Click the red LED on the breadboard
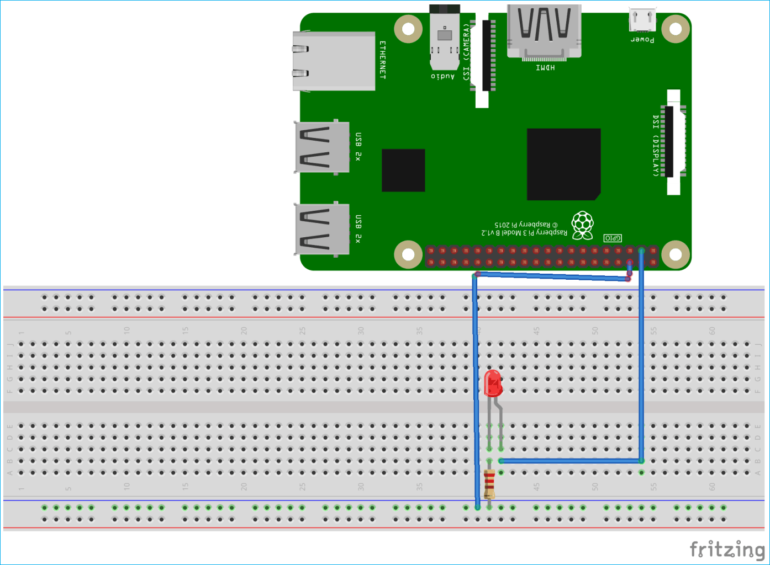(492, 383)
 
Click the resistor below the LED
(489, 484)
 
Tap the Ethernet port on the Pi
(334, 61)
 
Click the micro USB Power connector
(642, 20)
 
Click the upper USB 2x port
(322, 147)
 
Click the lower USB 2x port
(322, 229)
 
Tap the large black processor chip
(563, 164)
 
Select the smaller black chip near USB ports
(403, 170)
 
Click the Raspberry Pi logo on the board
(583, 225)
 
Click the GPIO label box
(613, 238)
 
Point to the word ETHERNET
(382, 60)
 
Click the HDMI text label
(545, 67)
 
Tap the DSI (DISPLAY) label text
(656, 146)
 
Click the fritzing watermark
(727, 550)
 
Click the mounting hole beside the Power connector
(675, 28)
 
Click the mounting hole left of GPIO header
(408, 254)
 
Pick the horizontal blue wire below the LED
(571, 461)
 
